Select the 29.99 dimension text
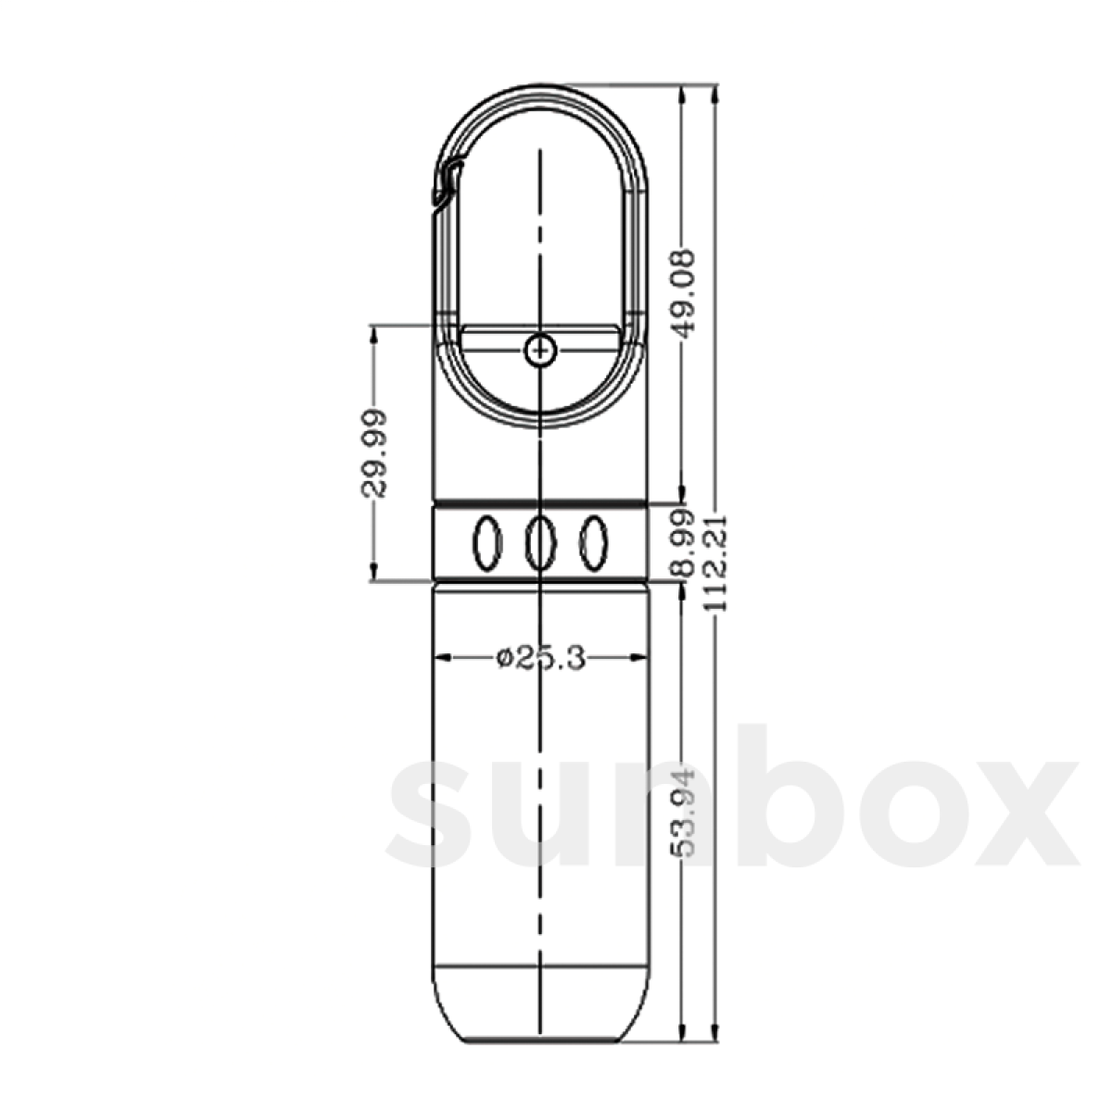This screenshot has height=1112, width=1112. [373, 453]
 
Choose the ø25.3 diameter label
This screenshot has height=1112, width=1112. [540, 658]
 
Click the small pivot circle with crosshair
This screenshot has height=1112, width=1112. [539, 350]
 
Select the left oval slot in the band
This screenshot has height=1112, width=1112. [486, 542]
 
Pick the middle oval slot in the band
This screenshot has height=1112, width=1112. [540, 542]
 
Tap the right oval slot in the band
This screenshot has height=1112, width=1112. [593, 542]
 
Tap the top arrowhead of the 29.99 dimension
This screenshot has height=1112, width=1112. [373, 335]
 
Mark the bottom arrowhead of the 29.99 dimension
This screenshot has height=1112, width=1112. [373, 572]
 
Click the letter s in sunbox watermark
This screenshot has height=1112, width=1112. [436, 811]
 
